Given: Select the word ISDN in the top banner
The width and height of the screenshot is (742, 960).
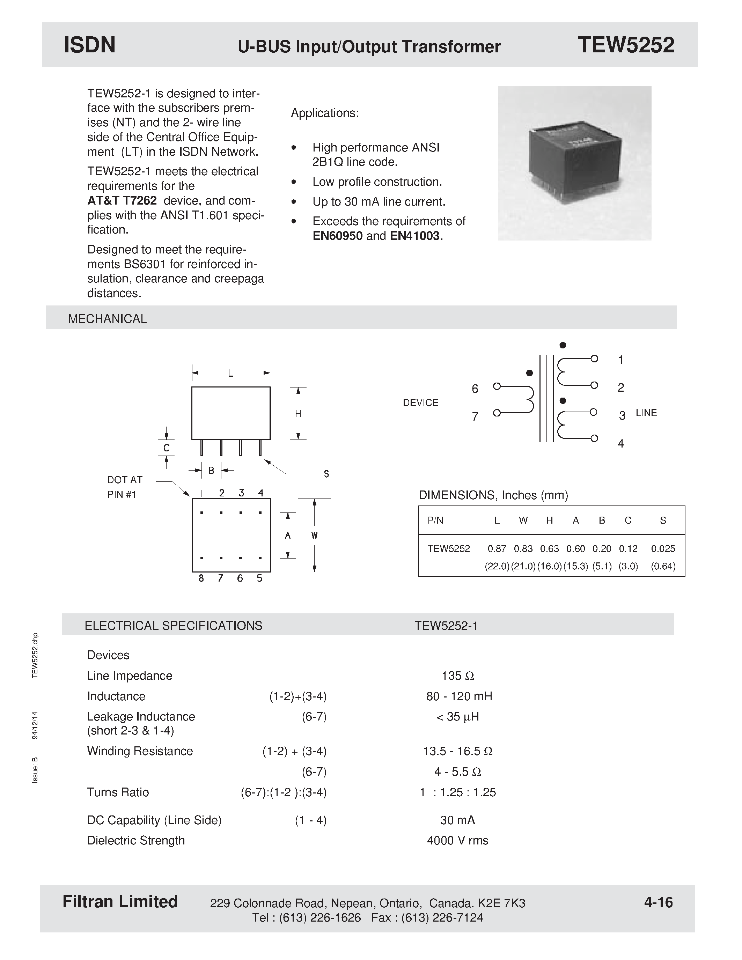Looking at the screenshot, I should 90,45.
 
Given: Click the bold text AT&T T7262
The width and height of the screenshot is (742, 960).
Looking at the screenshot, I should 122,201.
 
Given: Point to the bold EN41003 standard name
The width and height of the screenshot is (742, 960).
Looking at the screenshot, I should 414,236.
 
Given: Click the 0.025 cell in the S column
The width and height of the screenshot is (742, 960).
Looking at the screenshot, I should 662,548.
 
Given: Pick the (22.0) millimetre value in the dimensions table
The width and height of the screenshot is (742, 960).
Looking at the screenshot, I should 497,566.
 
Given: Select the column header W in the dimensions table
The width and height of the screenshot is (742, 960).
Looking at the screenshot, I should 523,520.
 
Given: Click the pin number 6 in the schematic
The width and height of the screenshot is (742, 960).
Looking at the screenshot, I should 475,389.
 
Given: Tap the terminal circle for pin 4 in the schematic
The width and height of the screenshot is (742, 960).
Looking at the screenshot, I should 594,438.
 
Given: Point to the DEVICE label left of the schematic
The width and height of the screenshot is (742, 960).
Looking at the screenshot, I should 420,403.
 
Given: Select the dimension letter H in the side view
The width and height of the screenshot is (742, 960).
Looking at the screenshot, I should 298,414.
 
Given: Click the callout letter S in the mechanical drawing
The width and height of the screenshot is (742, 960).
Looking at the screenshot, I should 326,474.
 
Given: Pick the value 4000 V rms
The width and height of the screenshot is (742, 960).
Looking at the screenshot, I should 457,841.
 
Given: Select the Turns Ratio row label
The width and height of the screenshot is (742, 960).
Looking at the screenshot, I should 118,792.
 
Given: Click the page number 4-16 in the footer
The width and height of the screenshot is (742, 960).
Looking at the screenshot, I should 658,902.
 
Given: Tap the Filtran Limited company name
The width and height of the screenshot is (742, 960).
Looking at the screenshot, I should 120,902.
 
